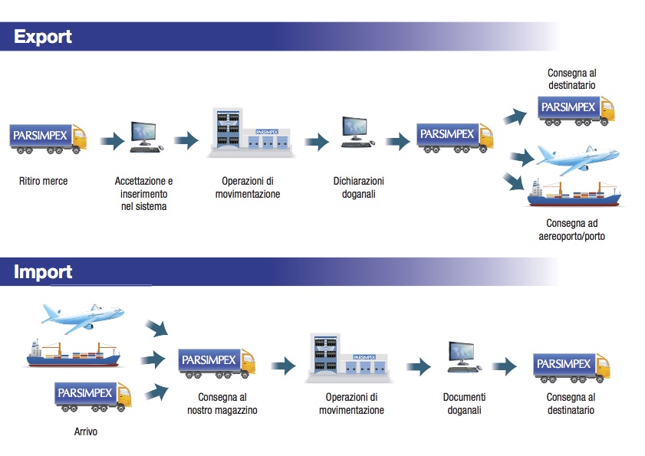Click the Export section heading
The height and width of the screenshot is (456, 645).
pos(43,37)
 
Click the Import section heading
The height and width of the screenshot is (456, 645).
pos(43,272)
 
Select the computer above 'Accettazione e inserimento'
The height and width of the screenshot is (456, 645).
pos(144,137)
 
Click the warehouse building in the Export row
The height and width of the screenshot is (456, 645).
pos(250,133)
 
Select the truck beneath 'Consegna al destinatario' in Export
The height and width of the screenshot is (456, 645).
pos(576,109)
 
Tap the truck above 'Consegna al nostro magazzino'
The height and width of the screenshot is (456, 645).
pos(217,363)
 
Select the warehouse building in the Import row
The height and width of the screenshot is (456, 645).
pos(350,358)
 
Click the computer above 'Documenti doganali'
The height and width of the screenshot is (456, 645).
pos(464,358)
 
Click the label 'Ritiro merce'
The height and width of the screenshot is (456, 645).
pos(44,182)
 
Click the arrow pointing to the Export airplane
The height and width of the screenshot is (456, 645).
pos(522,159)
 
